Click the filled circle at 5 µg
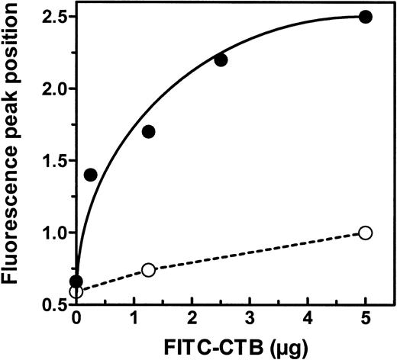[x=366, y=17]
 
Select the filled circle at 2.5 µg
[x=221, y=59]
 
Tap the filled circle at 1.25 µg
[x=148, y=131]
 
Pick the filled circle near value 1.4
[x=90, y=175]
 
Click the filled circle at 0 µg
[x=76, y=281]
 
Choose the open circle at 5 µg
[x=366, y=233]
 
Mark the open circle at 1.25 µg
[x=148, y=269]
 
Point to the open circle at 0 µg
[x=75, y=291]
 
